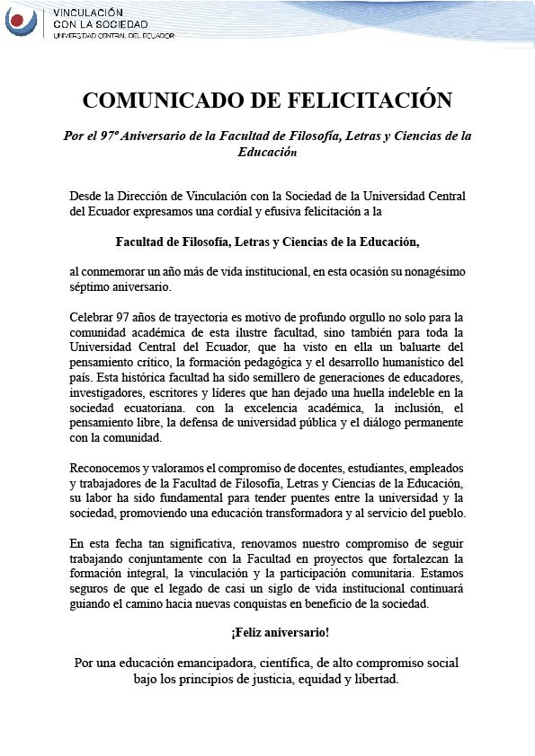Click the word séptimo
click(92, 287)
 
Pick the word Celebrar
click(94, 318)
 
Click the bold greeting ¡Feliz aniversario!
click(267, 633)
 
